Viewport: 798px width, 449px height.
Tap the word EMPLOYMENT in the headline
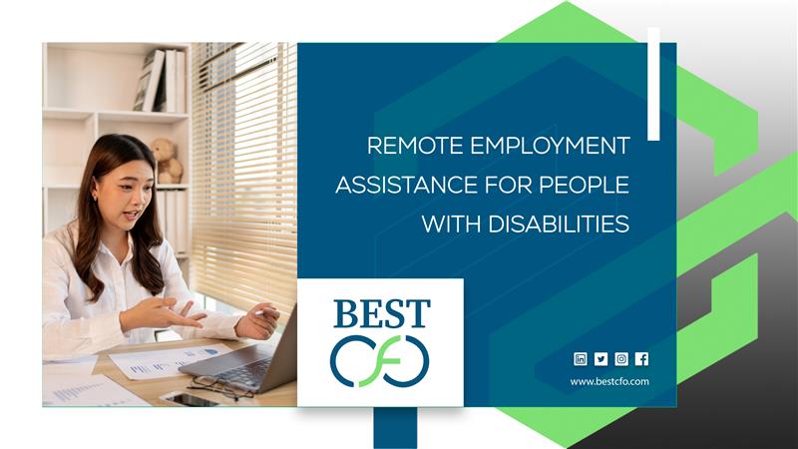tap(551, 146)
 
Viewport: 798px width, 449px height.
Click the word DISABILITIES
tap(559, 224)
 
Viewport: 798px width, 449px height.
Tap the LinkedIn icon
tap(581, 359)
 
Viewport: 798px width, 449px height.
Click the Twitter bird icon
tap(601, 359)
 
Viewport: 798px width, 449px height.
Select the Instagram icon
tap(621, 359)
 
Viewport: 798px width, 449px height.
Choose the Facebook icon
tap(641, 359)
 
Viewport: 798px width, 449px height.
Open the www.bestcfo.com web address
tap(609, 381)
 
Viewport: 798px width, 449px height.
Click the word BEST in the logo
tap(382, 313)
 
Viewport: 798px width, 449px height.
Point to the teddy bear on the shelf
tap(167, 161)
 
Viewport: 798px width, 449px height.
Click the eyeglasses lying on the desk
tap(219, 387)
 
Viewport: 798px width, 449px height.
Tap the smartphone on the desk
tap(188, 398)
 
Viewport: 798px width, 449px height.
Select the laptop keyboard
tap(245, 371)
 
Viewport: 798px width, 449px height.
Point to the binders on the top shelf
tap(161, 81)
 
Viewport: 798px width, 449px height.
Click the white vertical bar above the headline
tap(653, 84)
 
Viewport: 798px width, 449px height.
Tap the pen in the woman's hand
tap(264, 312)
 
